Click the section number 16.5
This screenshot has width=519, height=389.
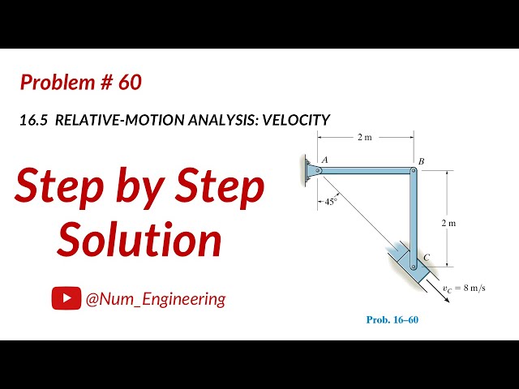34,120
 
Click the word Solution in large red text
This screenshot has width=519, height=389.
140,240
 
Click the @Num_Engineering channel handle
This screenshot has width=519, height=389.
155,299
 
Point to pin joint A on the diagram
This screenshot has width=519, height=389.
319,170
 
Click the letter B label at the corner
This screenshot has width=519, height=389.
422,161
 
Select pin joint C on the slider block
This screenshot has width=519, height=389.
414,265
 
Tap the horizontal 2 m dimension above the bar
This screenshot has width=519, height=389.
366,138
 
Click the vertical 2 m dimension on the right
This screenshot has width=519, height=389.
450,221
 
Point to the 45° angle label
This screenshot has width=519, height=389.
329,202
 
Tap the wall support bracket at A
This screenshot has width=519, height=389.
309,170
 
